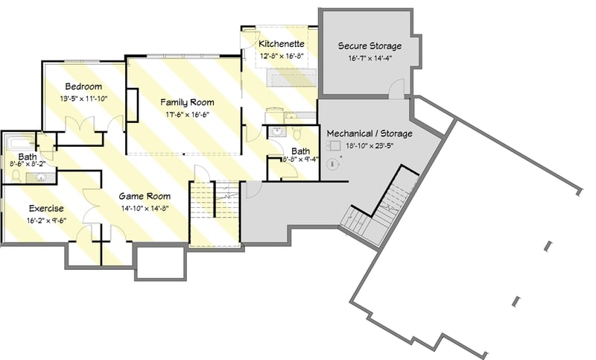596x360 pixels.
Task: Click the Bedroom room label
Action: click(x=83, y=86)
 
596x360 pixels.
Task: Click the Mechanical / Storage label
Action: click(x=370, y=133)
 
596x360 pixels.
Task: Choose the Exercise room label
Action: click(x=46, y=208)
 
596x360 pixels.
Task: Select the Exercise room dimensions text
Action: click(x=46, y=220)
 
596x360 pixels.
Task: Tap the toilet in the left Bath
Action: click(x=16, y=176)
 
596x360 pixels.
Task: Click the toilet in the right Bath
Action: click(x=296, y=135)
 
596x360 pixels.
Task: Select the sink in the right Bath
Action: click(x=276, y=131)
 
